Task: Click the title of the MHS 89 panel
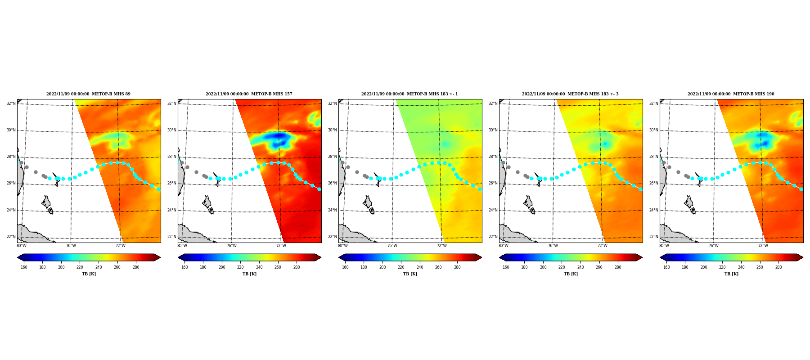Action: pyautogui.click(x=88, y=94)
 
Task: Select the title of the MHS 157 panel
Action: pyautogui.click(x=249, y=94)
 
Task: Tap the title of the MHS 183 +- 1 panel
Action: pyautogui.click(x=409, y=94)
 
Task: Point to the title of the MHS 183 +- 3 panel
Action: pyautogui.click(x=570, y=94)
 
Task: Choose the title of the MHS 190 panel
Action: pyautogui.click(x=731, y=94)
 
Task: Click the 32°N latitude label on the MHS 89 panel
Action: pyautogui.click(x=11, y=103)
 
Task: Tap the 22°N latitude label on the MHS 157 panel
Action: pyautogui.click(x=171, y=237)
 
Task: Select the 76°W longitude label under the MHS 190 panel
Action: pyautogui.click(x=714, y=246)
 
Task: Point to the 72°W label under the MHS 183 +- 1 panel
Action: pyautogui.click(x=442, y=246)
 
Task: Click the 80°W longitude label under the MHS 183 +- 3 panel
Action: pyautogui.click(x=504, y=246)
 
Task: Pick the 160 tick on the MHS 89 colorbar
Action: pyautogui.click(x=24, y=267)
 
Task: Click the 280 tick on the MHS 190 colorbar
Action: pyautogui.click(x=778, y=267)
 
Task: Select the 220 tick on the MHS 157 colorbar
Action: pyautogui.click(x=241, y=267)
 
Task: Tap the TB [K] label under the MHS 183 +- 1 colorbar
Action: pyautogui.click(x=410, y=274)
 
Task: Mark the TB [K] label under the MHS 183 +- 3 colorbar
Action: pyautogui.click(x=571, y=274)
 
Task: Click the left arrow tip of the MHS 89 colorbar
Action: pyautogui.click(x=18, y=257)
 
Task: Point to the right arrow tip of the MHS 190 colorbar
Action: pyautogui.click(x=803, y=257)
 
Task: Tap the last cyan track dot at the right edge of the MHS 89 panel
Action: pyautogui.click(x=158, y=189)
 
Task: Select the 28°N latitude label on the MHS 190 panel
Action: pyautogui.click(x=653, y=157)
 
